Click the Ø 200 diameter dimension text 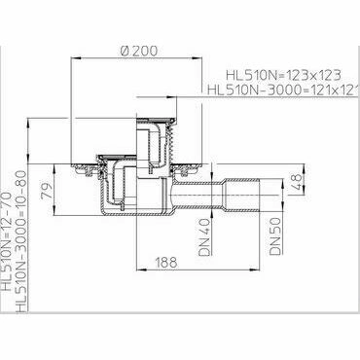tap(138, 51)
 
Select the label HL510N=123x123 tap(283, 76)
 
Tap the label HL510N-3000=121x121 tap(281, 90)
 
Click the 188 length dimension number tap(166, 262)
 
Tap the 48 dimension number tap(296, 178)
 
